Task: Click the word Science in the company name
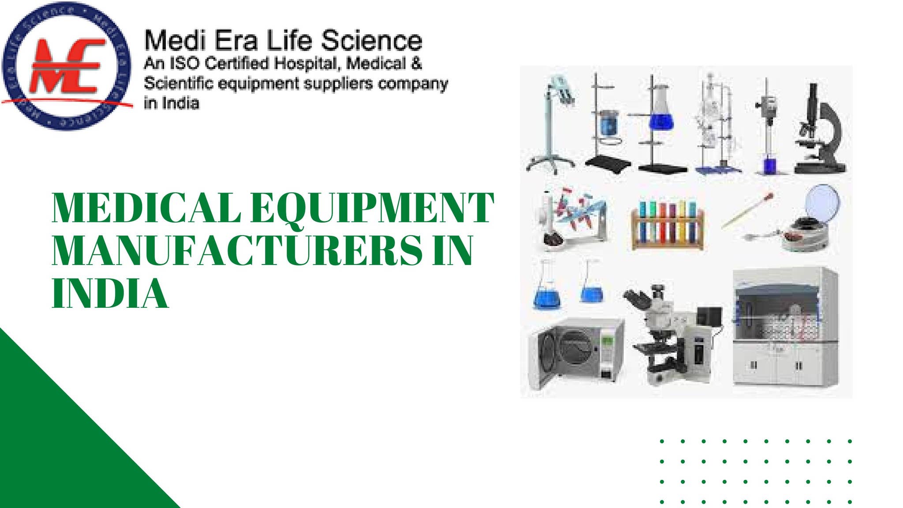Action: tap(371, 41)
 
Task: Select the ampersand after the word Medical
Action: tap(416, 63)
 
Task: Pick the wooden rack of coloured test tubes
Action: tap(668, 225)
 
